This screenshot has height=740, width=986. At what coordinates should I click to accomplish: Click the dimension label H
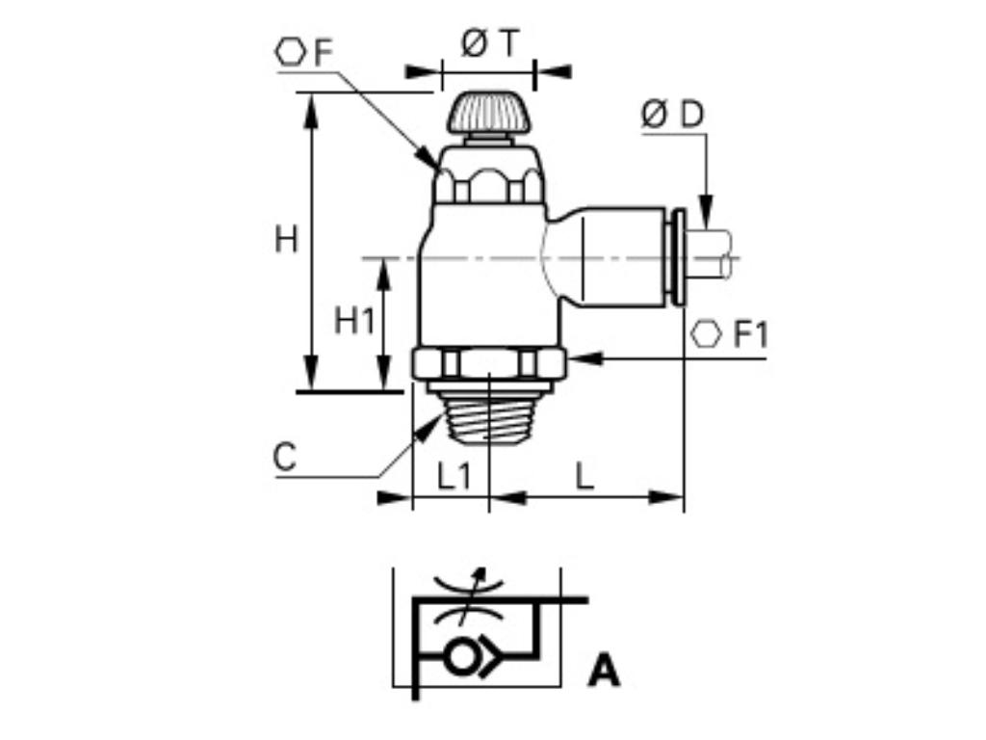[286, 238]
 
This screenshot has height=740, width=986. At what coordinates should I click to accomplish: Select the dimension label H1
[353, 320]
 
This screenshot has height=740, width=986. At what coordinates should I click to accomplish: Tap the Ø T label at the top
[489, 43]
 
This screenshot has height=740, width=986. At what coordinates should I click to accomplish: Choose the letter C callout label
[284, 458]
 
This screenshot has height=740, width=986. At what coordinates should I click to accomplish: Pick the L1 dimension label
[454, 476]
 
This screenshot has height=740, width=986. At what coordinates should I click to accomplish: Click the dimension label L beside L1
[584, 476]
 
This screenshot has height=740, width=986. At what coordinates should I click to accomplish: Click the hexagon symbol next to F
[291, 51]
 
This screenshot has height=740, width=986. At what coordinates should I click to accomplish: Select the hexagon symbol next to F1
[707, 334]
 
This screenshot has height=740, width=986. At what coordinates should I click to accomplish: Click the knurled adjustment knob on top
[488, 113]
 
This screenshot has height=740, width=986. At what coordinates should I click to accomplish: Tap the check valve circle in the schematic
[460, 657]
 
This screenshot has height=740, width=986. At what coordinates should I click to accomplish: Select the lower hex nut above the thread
[488, 363]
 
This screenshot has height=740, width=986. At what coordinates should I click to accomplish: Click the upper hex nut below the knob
[488, 183]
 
